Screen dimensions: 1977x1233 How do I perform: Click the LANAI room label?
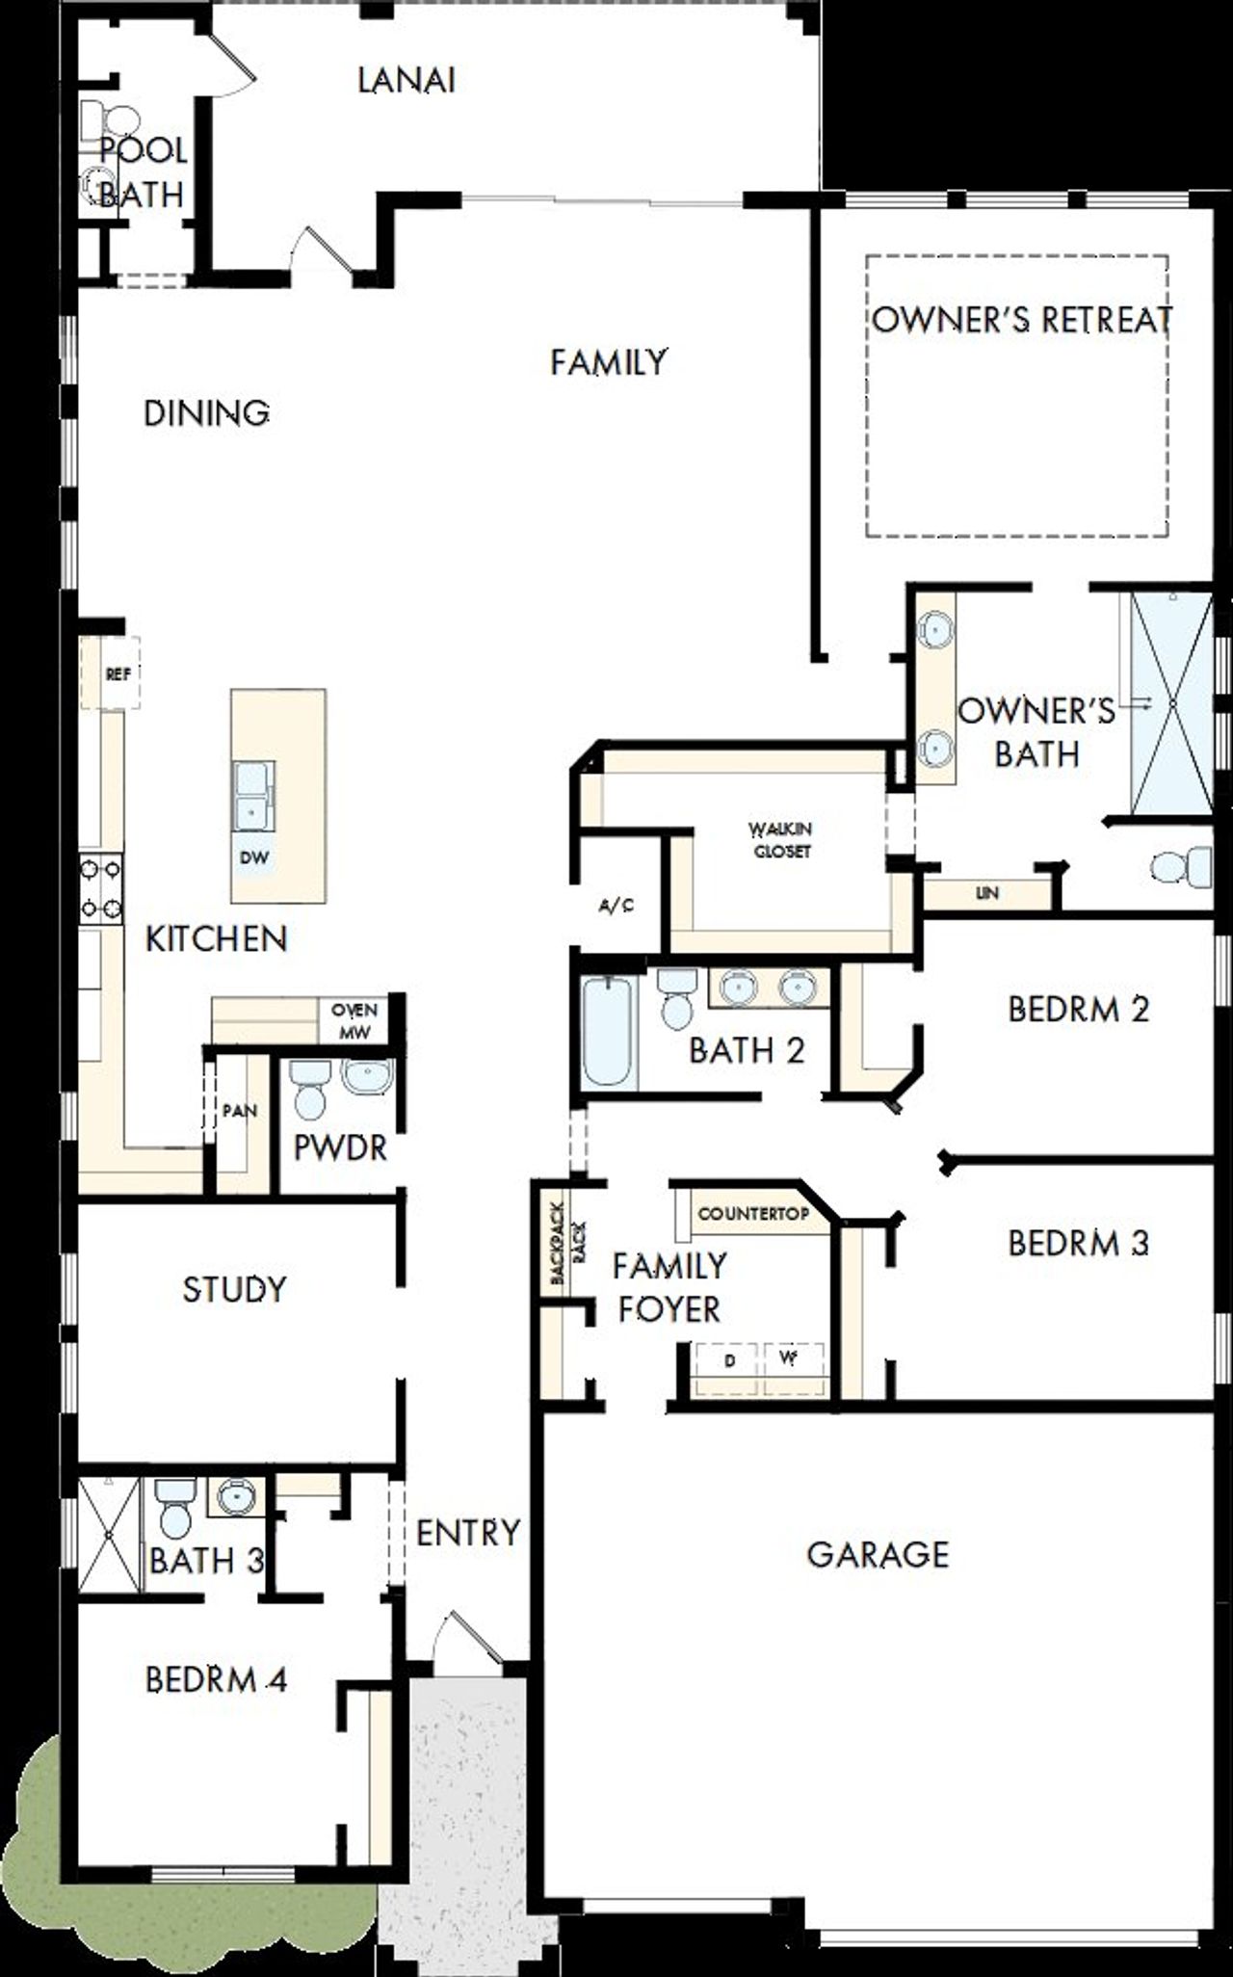click(x=406, y=81)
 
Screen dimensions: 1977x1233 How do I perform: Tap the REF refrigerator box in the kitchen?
click(x=118, y=674)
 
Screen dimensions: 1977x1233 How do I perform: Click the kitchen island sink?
click(x=252, y=795)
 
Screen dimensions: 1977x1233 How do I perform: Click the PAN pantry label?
click(x=239, y=1111)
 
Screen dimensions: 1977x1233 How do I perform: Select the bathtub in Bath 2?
click(x=609, y=1032)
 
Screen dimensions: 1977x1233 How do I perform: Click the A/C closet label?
click(x=616, y=907)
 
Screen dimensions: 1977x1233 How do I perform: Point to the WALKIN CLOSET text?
click(x=782, y=840)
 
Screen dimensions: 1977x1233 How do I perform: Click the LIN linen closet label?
click(x=986, y=894)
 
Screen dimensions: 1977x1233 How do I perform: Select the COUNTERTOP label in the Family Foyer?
click(x=753, y=1214)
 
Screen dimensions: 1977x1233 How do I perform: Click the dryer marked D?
click(x=729, y=1360)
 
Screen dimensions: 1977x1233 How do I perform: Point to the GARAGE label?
click(x=878, y=1554)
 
